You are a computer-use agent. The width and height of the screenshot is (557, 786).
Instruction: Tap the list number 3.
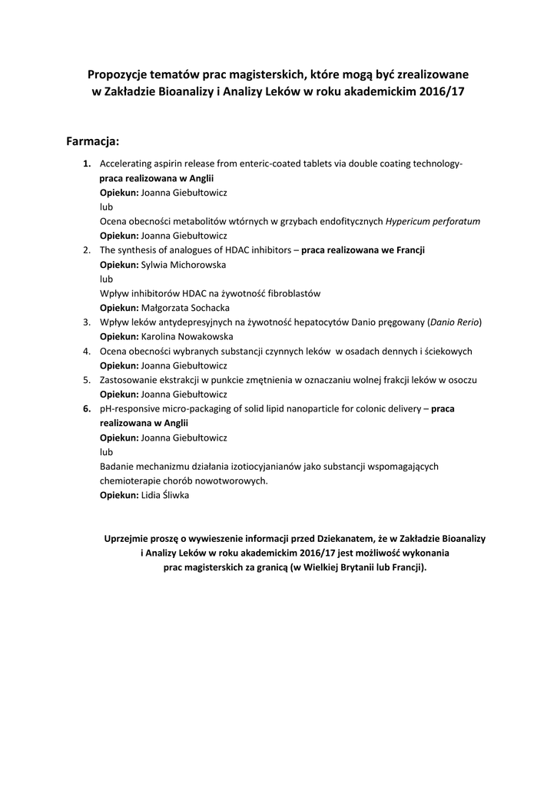(87, 322)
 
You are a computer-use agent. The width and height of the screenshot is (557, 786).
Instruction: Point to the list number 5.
(87, 380)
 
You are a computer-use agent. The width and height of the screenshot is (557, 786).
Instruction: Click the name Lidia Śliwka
(164, 495)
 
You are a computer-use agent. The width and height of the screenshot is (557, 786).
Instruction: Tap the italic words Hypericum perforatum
(433, 221)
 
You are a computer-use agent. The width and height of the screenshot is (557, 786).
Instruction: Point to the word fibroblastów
(290, 293)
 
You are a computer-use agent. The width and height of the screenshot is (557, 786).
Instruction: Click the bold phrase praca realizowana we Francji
(363, 250)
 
